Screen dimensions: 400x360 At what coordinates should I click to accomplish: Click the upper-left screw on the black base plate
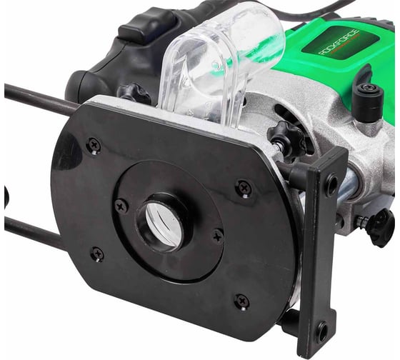[94, 146]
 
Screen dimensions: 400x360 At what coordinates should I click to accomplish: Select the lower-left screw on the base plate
[98, 254]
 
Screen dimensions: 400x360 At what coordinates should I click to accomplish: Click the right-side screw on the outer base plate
[244, 189]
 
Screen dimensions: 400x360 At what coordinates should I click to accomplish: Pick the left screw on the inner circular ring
[121, 206]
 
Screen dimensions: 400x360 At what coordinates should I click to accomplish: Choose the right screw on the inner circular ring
[218, 237]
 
